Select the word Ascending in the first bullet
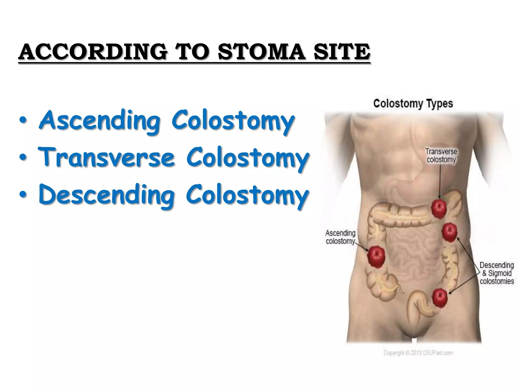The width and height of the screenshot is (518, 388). [99, 121]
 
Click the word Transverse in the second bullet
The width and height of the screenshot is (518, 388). [106, 158]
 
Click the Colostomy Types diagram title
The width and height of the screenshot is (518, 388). [413, 104]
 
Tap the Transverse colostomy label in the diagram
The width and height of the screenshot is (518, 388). [441, 156]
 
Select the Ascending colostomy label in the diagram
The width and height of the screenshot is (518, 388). [340, 237]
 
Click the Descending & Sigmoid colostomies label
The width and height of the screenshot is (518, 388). [497, 273]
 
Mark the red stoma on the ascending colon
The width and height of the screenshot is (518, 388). [376, 257]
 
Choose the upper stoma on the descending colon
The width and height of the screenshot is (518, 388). [449, 232]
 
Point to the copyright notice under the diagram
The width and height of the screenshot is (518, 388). [418, 353]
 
